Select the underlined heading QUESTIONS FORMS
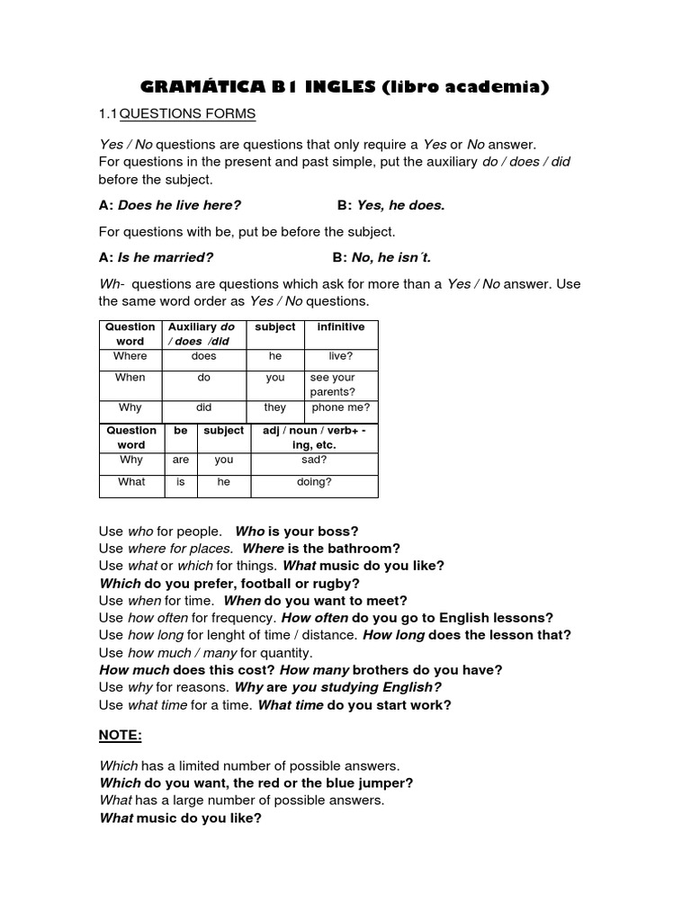tap(188, 114)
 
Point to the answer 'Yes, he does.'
tap(401, 205)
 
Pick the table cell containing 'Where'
tap(130, 356)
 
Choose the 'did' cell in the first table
tap(204, 407)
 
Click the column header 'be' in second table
tap(181, 431)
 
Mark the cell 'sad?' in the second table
tap(314, 460)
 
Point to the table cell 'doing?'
tap(314, 482)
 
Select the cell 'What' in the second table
tap(131, 482)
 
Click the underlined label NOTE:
tap(121, 735)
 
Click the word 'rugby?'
tap(338, 583)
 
